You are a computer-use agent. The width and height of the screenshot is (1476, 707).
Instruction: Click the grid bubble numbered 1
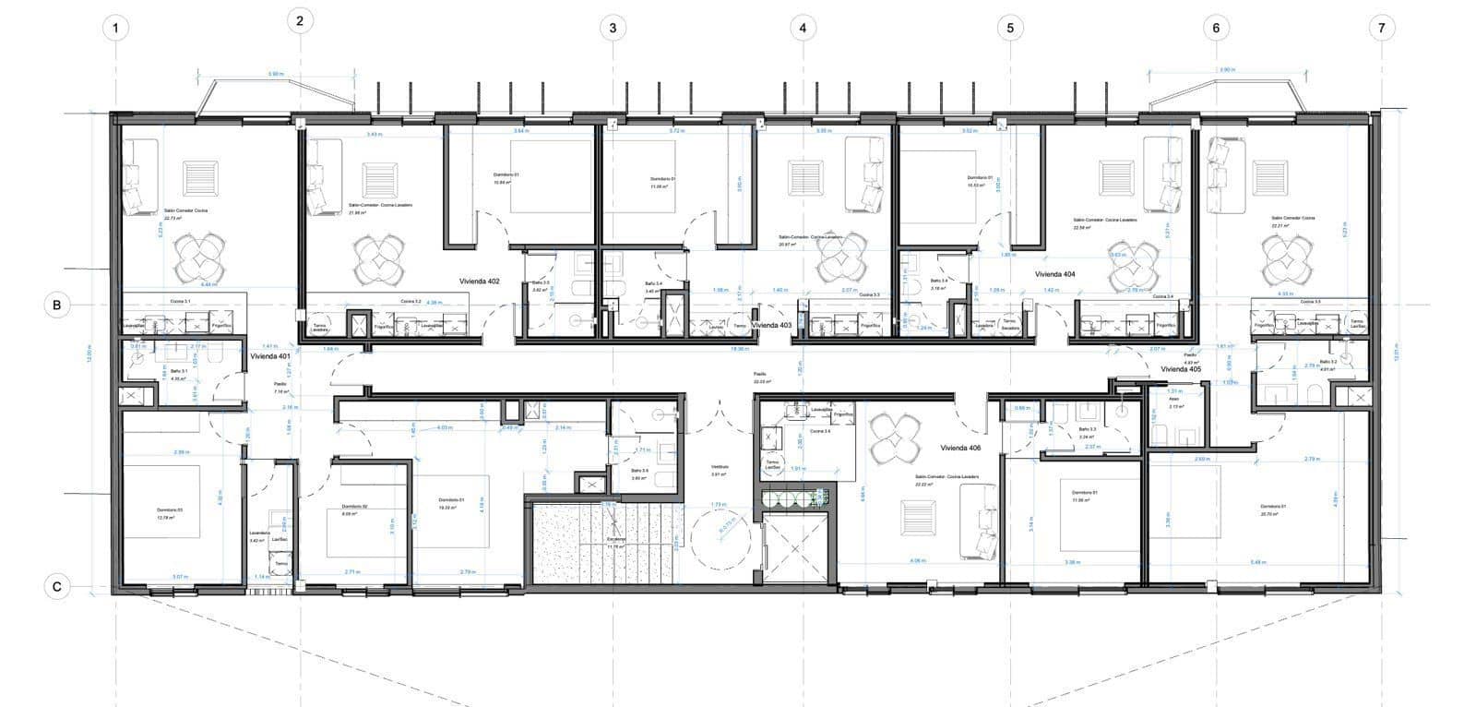pyautogui.click(x=115, y=28)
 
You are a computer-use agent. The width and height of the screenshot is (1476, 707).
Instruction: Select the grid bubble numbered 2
pyautogui.click(x=300, y=21)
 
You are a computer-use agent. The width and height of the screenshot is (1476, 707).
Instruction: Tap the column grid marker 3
pyautogui.click(x=613, y=28)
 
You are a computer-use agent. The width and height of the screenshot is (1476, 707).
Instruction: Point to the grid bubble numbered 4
pyautogui.click(x=803, y=28)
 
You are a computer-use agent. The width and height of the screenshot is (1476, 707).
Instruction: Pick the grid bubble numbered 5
pyautogui.click(x=1010, y=28)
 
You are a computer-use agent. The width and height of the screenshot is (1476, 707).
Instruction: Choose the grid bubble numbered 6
pyautogui.click(x=1216, y=28)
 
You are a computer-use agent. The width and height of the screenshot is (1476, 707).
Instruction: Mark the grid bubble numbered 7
pyautogui.click(x=1381, y=28)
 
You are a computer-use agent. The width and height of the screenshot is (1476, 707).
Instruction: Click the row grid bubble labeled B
pyautogui.click(x=57, y=305)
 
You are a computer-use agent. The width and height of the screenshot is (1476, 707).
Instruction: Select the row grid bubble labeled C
pyautogui.click(x=57, y=586)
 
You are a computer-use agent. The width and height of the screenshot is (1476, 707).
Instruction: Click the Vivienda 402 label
pyautogui.click(x=480, y=281)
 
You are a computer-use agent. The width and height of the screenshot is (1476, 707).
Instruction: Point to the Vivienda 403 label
pyautogui.click(x=772, y=326)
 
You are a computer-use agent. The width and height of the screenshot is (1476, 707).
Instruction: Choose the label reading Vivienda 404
pyautogui.click(x=1055, y=274)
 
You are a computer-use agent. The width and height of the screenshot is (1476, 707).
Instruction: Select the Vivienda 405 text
pyautogui.click(x=1181, y=369)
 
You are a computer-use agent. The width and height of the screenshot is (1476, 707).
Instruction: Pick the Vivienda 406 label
pyautogui.click(x=960, y=448)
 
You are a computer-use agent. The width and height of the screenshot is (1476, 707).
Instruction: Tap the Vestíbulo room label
pyautogui.click(x=720, y=468)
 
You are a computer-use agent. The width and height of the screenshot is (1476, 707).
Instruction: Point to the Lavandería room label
pyautogui.click(x=259, y=533)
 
